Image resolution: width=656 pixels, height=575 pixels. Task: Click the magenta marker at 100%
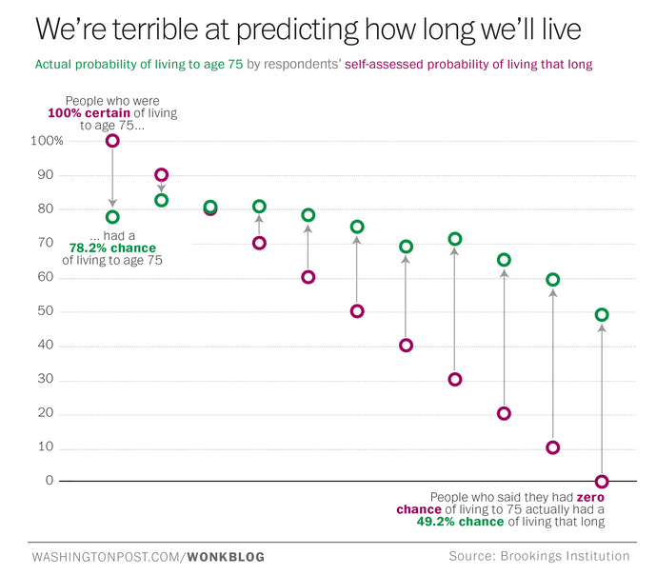click(112, 141)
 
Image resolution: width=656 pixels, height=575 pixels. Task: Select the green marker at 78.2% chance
click(112, 217)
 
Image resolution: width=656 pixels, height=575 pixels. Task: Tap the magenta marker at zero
click(601, 482)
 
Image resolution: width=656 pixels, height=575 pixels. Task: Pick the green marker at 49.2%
click(601, 315)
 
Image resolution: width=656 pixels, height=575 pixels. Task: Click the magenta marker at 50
click(357, 311)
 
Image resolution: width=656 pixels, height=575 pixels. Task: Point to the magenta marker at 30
click(455, 379)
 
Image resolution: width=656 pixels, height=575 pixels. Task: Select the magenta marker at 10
click(553, 447)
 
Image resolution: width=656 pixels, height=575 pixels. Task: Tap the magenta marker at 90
click(161, 175)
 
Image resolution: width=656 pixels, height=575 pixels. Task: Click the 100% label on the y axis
click(47, 141)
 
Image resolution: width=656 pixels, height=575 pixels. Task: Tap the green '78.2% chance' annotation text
click(112, 248)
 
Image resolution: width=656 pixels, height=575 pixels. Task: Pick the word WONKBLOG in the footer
click(226, 556)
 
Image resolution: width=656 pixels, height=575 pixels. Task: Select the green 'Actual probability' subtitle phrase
click(88, 66)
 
